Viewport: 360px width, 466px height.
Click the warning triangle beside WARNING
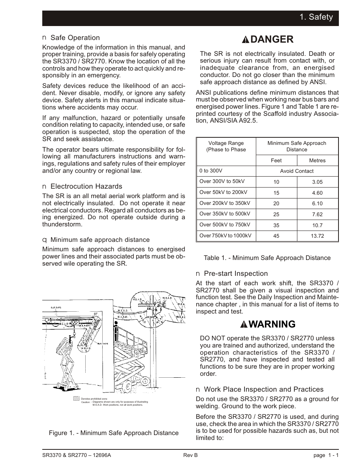point(246,325)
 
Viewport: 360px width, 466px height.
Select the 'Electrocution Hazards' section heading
point(86,186)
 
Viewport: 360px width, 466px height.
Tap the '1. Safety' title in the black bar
point(316,17)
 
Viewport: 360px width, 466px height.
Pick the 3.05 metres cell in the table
point(317,182)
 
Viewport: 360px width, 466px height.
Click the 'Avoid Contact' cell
point(297,171)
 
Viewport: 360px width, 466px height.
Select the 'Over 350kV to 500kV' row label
point(225,214)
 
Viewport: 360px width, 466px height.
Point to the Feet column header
point(276,160)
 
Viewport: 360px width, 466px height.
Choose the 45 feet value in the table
point(276,236)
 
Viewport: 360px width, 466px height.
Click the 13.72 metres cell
point(317,236)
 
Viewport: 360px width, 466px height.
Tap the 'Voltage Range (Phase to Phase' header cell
point(226,146)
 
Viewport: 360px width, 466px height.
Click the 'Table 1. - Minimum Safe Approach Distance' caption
point(267,258)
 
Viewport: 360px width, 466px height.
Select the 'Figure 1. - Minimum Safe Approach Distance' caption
point(114,433)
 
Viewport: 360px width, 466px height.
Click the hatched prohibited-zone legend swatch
point(76,399)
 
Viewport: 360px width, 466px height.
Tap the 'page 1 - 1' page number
point(326,455)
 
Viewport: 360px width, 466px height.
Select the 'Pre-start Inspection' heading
point(236,274)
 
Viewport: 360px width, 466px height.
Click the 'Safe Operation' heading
point(75,38)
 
